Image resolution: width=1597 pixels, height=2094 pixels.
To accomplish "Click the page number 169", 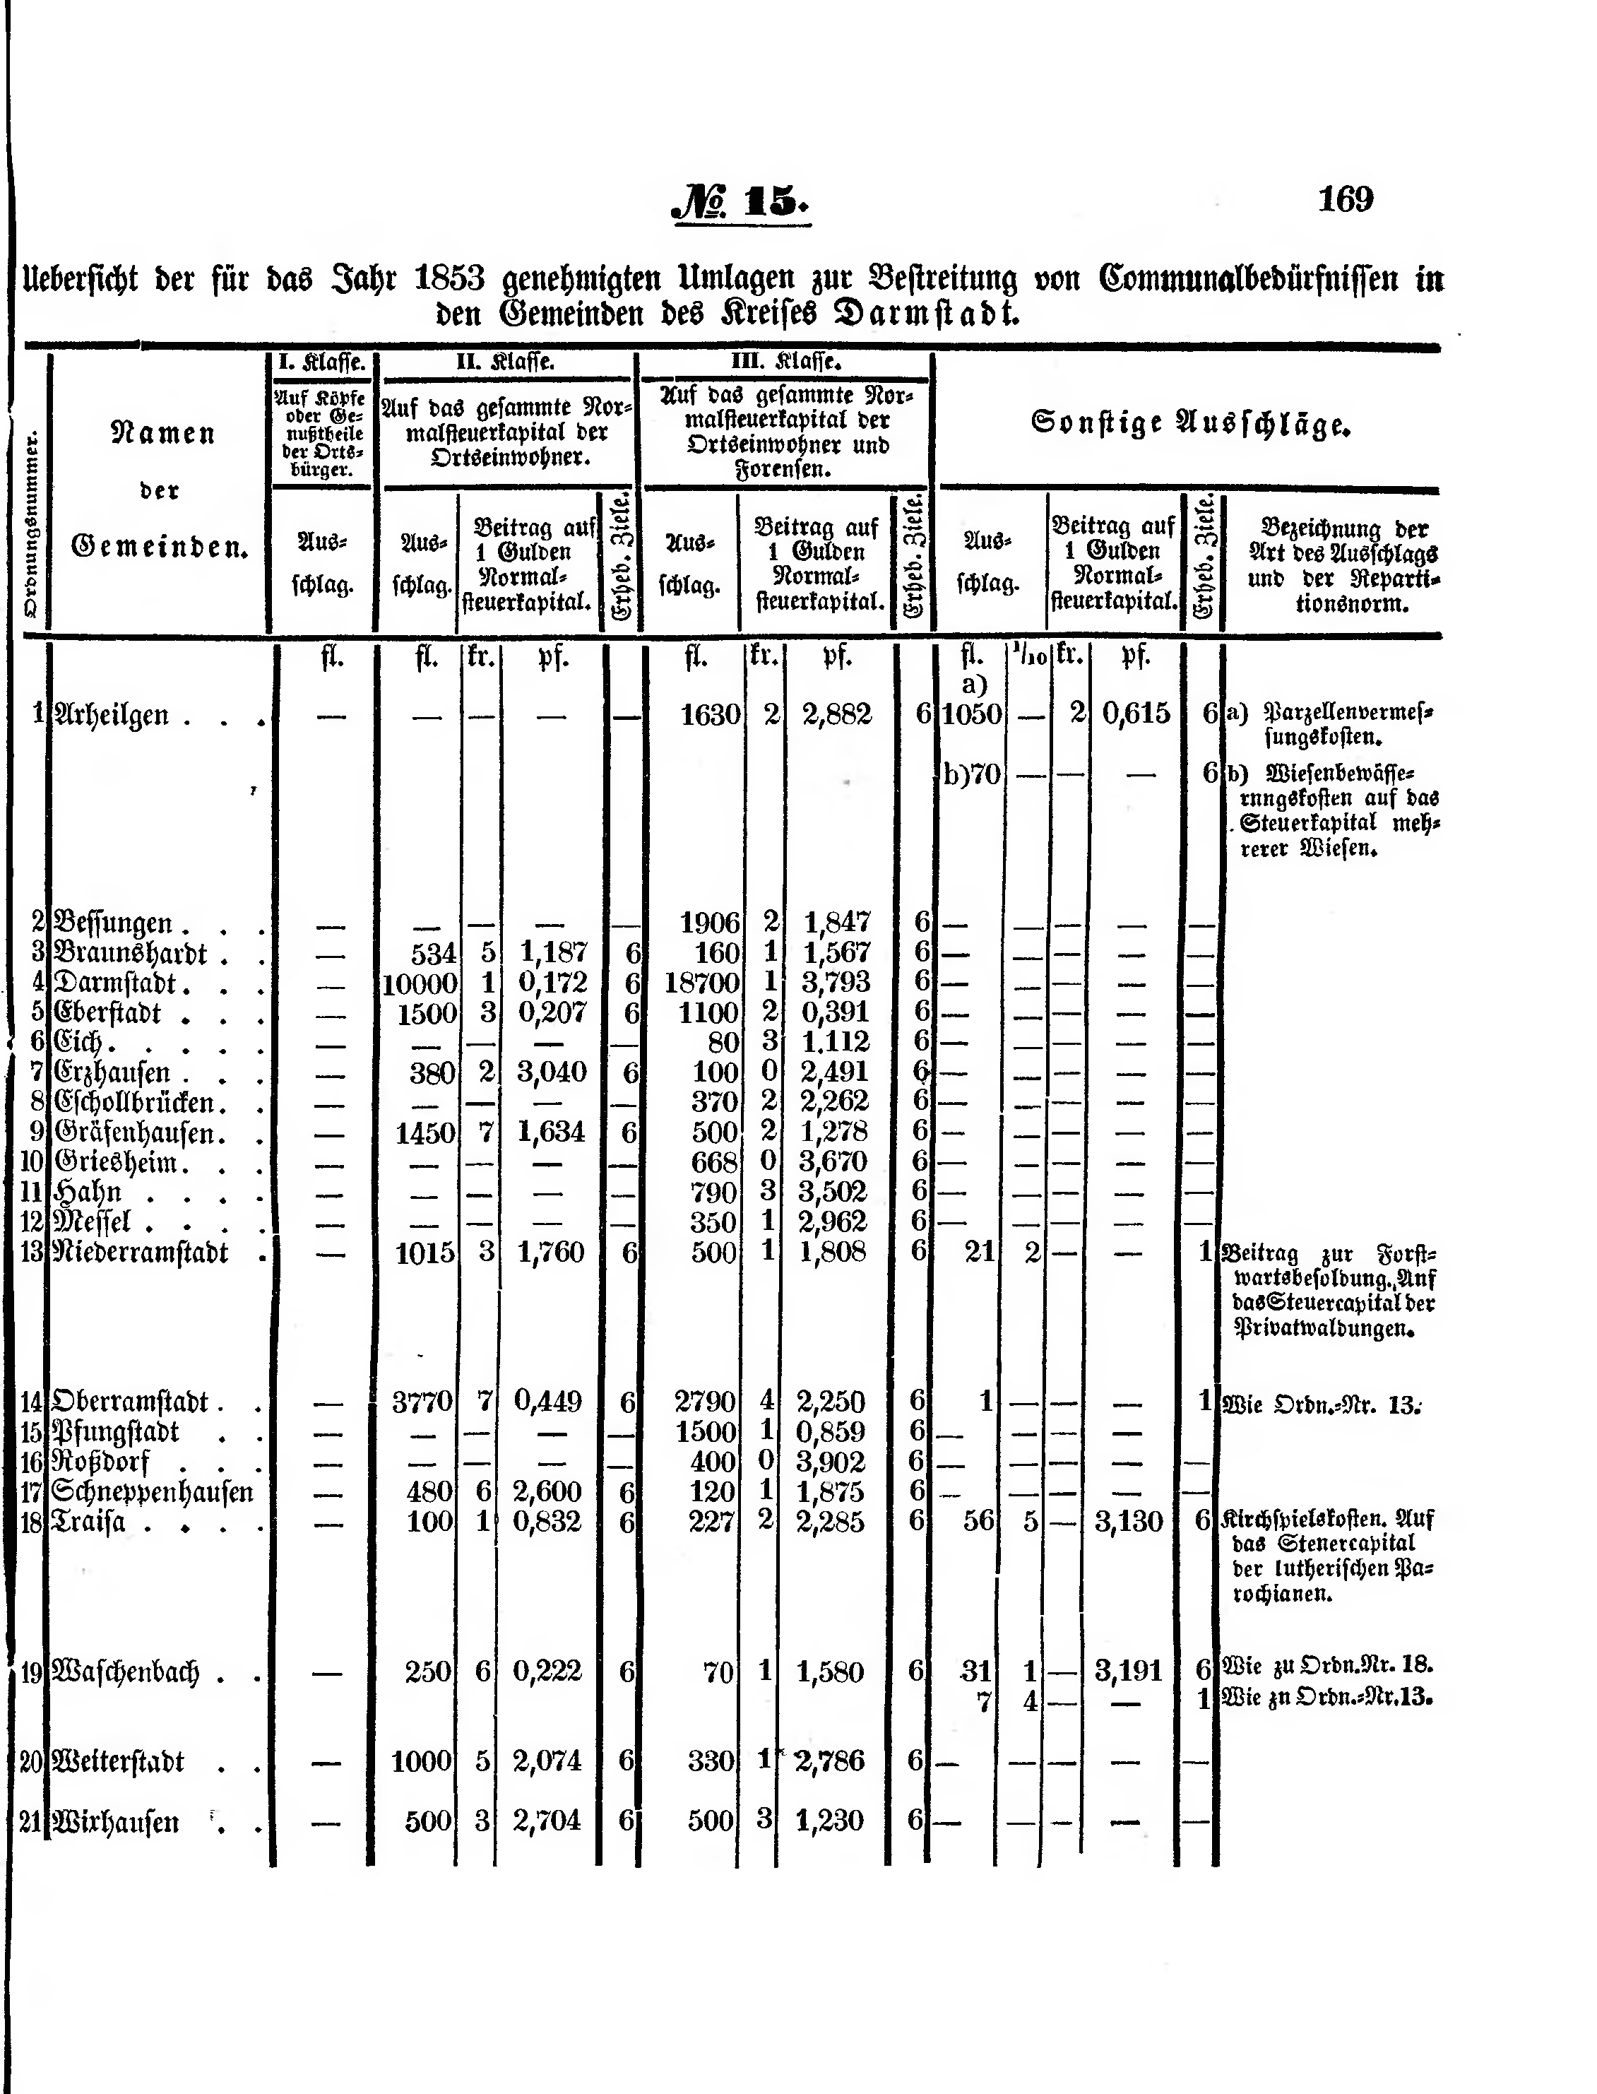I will (1345, 200).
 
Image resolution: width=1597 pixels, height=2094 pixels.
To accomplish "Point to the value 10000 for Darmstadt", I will (420, 983).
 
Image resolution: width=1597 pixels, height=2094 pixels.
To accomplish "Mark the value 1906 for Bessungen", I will (709, 922).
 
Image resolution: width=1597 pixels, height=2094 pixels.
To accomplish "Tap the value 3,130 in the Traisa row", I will (1129, 1522).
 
